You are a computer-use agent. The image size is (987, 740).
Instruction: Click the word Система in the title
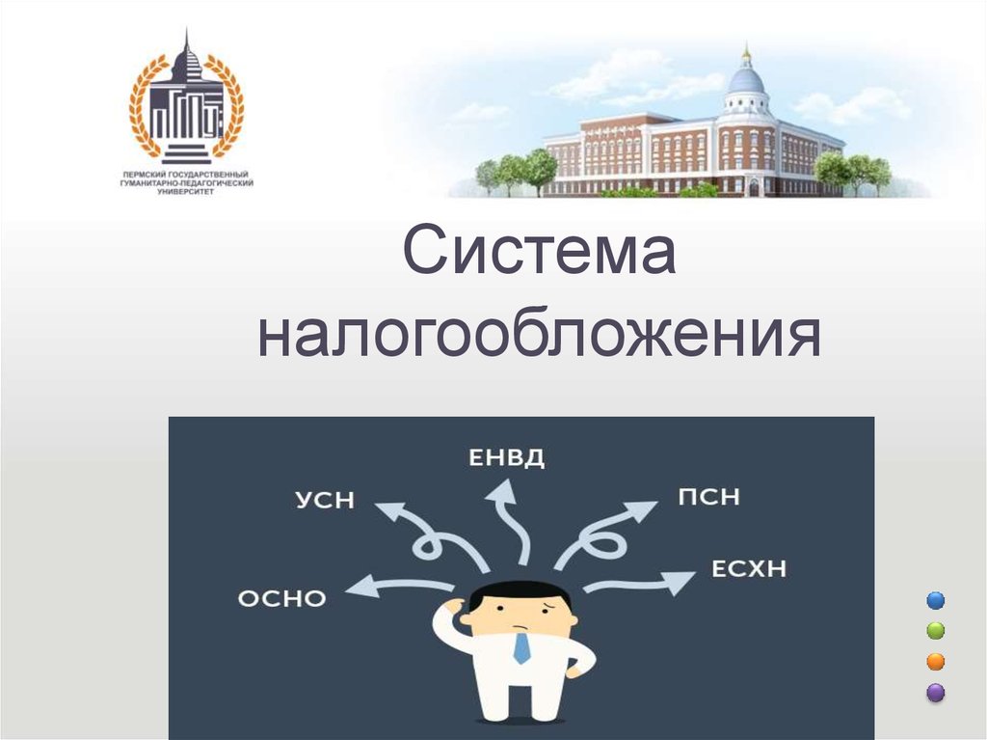(540, 250)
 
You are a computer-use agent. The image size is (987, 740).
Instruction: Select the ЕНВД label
(507, 457)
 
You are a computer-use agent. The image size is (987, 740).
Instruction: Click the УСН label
(325, 500)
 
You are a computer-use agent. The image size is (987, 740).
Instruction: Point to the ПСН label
(708, 497)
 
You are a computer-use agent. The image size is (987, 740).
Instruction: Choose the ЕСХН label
(749, 568)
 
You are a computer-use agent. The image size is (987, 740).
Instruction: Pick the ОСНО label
(282, 598)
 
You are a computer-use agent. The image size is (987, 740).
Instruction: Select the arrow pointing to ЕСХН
(639, 584)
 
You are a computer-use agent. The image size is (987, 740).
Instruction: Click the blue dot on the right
(936, 600)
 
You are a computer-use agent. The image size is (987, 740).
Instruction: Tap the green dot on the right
(936, 631)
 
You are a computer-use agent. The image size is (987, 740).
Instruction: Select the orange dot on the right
(936, 662)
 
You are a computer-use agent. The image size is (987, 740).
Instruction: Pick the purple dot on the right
(936, 693)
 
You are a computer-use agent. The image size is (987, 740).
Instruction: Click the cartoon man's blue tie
(521, 648)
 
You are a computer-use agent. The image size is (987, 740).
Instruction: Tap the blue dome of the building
(746, 81)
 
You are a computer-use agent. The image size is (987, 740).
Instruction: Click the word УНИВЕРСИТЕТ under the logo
(186, 191)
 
